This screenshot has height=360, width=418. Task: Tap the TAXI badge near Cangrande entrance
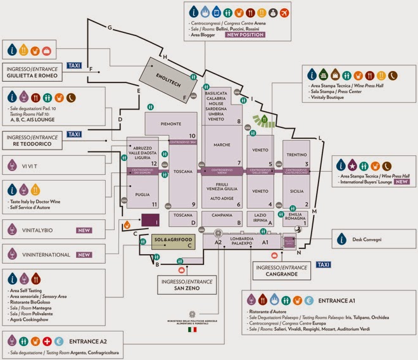click(323, 264)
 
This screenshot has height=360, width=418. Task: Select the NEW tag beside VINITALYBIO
click(84, 231)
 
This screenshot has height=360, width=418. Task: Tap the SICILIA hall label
click(296, 190)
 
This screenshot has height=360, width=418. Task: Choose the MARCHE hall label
click(222, 145)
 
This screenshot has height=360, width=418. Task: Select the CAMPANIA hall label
click(222, 215)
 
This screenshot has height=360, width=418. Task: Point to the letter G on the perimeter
click(110, 28)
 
